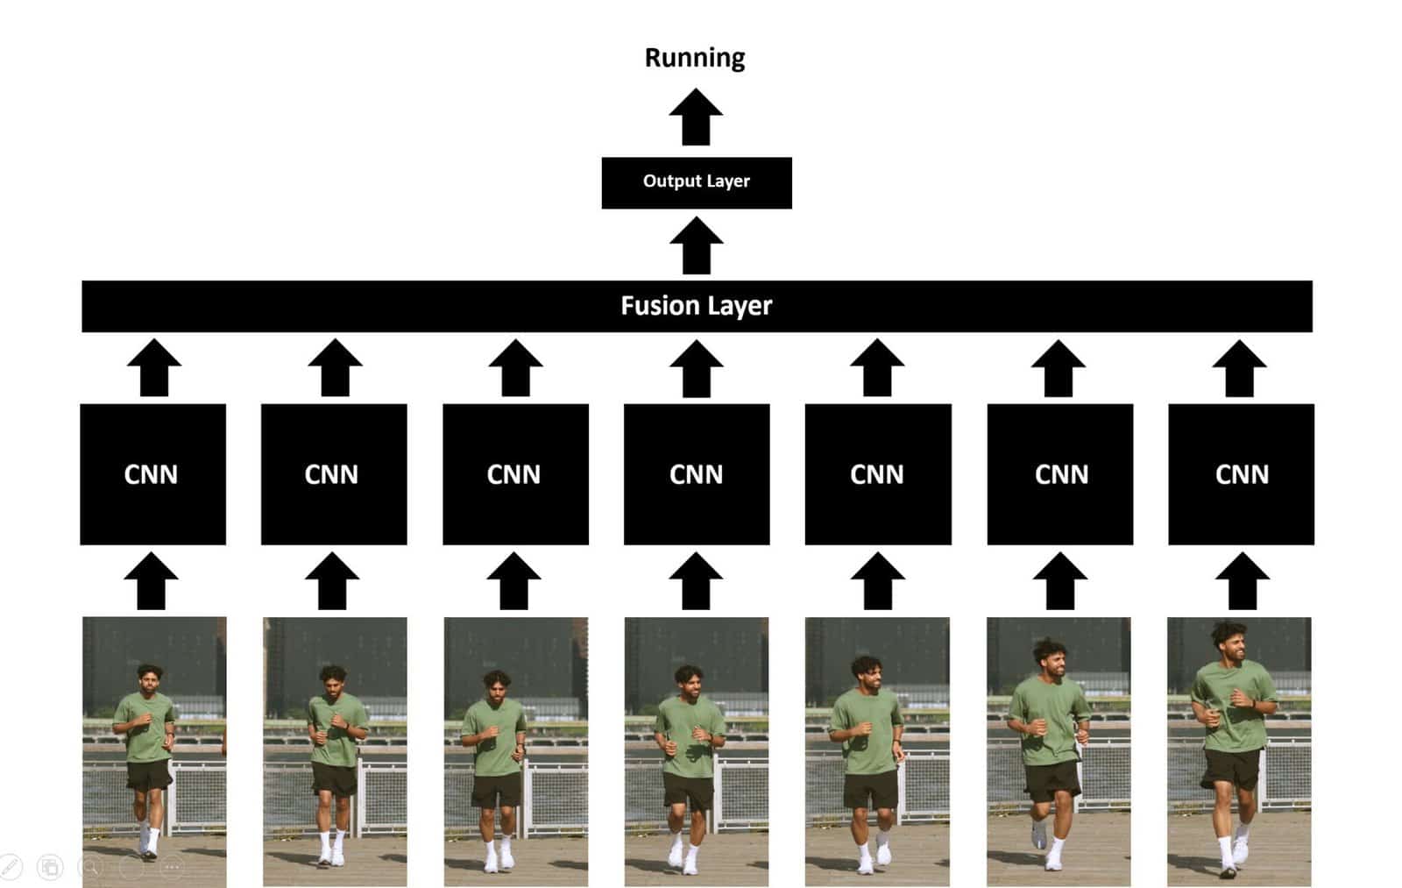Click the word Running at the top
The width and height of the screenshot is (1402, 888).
coord(695,58)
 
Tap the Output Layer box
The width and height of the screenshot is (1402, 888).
coord(697,182)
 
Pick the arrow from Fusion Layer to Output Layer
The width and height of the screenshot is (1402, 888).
coord(696,246)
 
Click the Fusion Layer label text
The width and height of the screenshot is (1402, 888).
coord(697,306)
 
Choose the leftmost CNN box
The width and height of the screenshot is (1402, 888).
coord(152,474)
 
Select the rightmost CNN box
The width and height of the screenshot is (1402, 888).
coord(1241,474)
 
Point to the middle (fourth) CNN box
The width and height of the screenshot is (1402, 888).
coord(697,474)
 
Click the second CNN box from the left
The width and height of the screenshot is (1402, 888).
coord(334,474)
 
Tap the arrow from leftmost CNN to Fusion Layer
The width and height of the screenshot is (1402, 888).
coord(154,368)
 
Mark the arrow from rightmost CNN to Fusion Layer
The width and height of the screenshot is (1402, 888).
coord(1239,368)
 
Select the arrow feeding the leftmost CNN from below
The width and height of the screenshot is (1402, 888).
coord(152,581)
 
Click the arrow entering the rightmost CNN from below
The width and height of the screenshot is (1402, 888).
coord(1243,581)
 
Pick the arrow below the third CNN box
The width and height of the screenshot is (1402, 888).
coord(514,581)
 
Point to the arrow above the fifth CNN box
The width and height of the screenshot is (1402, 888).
coord(877,368)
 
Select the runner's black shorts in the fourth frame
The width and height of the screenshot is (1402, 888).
coord(689,790)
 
